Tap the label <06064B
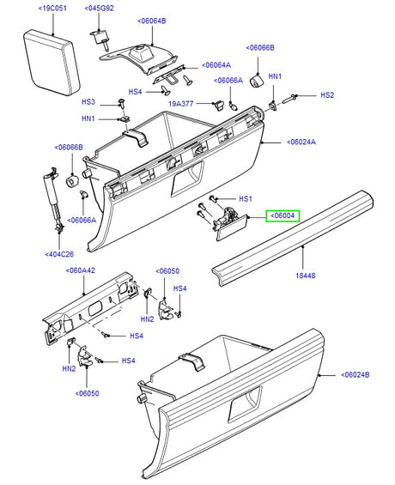(151, 19)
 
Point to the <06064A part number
(217, 64)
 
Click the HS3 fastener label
(88, 102)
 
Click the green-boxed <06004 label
(283, 216)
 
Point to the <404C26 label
(59, 254)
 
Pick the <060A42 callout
(82, 270)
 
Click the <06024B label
(355, 375)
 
